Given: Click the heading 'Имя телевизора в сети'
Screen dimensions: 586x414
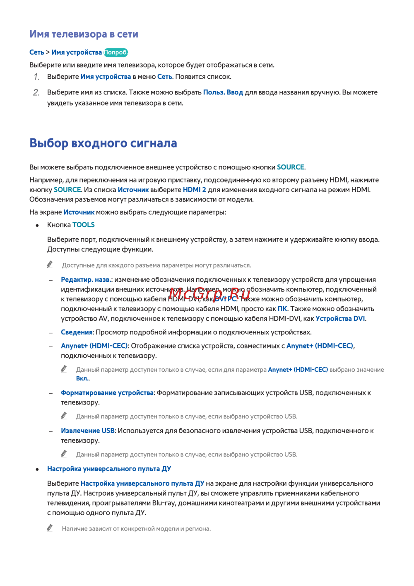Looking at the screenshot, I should [x=84, y=34].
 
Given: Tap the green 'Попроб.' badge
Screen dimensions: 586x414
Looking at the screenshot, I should [x=116, y=53].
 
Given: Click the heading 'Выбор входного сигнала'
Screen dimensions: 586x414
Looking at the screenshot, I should [x=103, y=143].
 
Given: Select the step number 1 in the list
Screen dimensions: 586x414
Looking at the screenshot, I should [x=36, y=77].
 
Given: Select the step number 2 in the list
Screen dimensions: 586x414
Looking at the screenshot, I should [x=36, y=93].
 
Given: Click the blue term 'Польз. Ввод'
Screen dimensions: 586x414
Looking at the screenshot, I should [x=223, y=92].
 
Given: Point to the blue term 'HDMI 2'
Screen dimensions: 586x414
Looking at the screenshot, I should [x=194, y=190].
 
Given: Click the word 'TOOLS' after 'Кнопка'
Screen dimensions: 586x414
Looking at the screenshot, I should [x=84, y=225].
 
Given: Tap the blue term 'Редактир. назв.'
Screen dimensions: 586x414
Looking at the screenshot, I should [x=86, y=280].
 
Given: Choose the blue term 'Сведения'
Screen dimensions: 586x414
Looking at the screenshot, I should [x=77, y=332].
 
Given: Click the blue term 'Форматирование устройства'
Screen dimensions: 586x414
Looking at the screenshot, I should [x=107, y=393].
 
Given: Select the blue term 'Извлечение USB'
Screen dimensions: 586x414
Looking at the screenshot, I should [x=87, y=431].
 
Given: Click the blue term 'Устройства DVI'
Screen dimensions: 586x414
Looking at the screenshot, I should [x=340, y=319].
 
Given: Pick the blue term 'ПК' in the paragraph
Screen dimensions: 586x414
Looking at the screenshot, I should [x=282, y=309].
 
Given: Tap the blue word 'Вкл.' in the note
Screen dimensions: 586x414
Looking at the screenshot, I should [x=82, y=379].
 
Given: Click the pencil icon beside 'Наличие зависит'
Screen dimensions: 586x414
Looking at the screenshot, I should [x=50, y=528].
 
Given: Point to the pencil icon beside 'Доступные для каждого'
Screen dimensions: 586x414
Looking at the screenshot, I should [x=50, y=264].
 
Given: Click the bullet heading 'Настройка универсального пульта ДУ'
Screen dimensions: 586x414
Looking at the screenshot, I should [x=109, y=469].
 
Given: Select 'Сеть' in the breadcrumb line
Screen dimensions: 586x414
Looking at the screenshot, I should [x=37, y=53].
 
